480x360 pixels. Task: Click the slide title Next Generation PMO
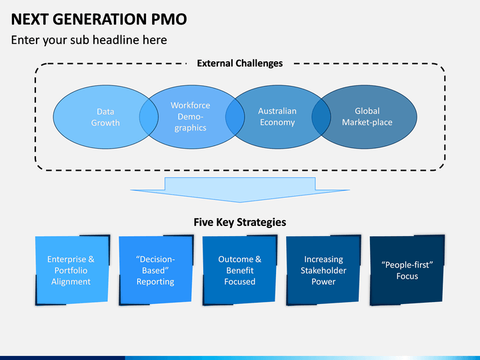(x=99, y=19)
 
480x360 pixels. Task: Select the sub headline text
(x=89, y=40)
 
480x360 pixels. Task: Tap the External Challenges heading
(x=240, y=63)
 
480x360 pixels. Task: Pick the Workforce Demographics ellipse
(x=192, y=117)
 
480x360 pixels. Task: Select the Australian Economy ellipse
(x=278, y=117)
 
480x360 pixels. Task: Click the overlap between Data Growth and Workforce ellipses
(x=149, y=117)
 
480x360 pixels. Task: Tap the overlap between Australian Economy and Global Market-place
(x=321, y=117)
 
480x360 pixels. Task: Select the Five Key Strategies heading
(x=240, y=222)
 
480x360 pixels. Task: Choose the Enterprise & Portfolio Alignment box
(x=72, y=270)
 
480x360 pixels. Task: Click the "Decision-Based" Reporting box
(x=156, y=270)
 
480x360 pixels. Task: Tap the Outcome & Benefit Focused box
(x=240, y=270)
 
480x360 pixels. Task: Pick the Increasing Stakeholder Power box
(x=323, y=270)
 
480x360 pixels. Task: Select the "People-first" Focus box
(x=407, y=270)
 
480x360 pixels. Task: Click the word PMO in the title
(x=169, y=19)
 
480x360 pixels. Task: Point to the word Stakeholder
(x=323, y=270)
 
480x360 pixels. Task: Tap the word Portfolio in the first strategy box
(x=71, y=270)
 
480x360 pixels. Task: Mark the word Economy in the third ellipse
(x=277, y=123)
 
